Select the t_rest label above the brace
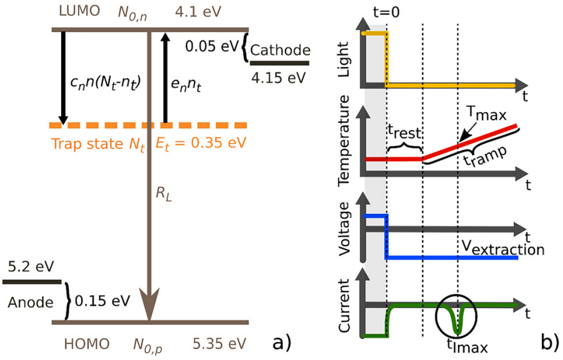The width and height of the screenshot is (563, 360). point(402,131)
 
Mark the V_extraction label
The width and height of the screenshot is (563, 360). point(503,249)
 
